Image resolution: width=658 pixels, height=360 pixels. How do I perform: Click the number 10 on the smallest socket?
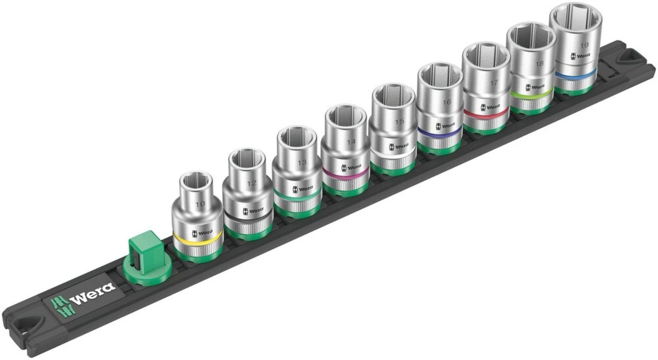200,204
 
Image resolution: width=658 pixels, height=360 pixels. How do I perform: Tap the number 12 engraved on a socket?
251,183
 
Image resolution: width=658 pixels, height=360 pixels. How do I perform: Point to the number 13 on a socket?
301,163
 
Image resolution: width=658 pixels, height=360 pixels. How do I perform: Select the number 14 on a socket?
350,142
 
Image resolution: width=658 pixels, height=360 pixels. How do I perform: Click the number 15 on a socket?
398,121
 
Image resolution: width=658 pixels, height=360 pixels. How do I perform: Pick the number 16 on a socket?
447,102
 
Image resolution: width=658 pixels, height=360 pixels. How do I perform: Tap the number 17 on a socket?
494,82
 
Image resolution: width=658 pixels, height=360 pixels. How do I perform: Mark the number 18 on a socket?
540,64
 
